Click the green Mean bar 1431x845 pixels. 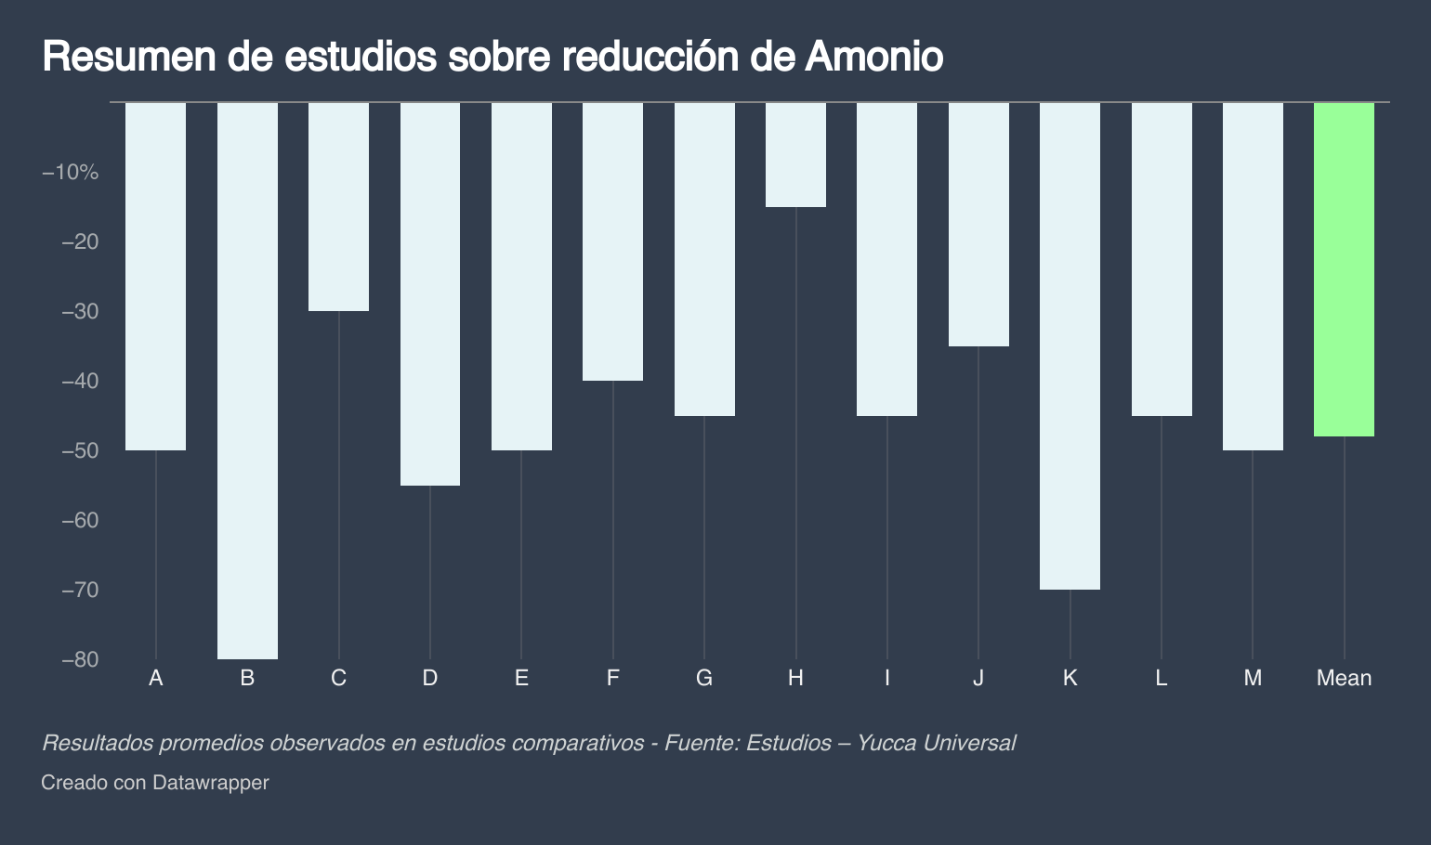pos(1344,269)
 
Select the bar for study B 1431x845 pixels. pos(247,381)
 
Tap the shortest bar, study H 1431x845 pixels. pos(795,155)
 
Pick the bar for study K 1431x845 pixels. pos(1070,345)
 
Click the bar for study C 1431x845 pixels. pos(338,206)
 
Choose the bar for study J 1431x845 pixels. pos(978,224)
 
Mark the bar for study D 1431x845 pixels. pos(429,293)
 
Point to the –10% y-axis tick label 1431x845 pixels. pos(70,173)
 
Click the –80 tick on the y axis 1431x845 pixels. pos(80,660)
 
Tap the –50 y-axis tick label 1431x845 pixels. pos(80,451)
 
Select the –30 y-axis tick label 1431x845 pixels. pos(80,312)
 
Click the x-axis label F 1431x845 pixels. pos(612,679)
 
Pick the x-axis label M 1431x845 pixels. pos(1253,679)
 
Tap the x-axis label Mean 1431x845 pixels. pos(1344,679)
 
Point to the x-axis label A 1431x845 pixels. pos(156,679)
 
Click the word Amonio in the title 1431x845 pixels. pos(873,58)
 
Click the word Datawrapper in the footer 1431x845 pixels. pos(210,783)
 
